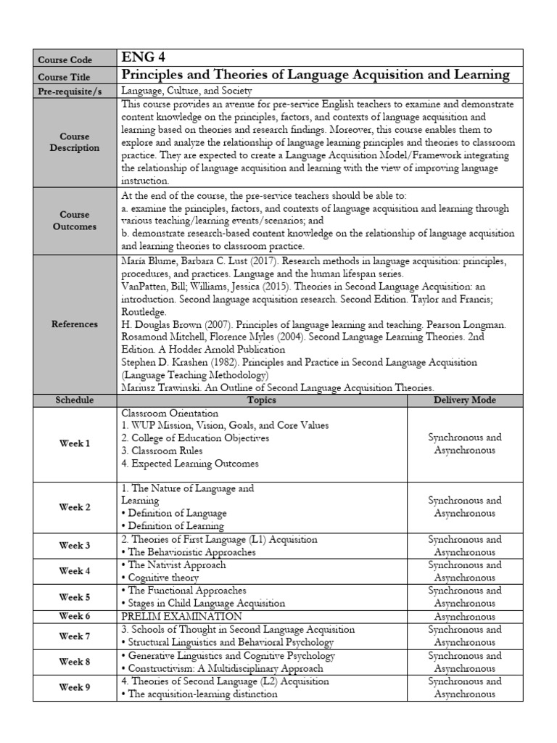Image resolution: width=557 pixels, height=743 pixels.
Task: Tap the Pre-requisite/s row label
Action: click(75, 91)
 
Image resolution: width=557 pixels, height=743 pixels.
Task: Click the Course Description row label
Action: click(75, 142)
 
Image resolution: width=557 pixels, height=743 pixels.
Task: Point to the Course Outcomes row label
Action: click(75, 221)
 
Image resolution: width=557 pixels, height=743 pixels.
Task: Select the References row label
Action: click(75, 324)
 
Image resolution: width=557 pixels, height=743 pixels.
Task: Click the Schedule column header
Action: click(75, 400)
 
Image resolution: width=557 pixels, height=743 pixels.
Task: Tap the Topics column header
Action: click(261, 400)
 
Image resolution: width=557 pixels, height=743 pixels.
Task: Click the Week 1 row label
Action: click(75, 443)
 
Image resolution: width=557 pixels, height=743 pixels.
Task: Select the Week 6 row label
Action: click(75, 616)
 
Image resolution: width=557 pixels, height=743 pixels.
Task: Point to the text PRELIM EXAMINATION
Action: click(181, 616)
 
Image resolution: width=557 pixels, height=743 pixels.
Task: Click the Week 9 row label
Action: click(75, 687)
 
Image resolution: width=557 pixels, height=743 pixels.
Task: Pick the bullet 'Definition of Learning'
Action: click(173, 526)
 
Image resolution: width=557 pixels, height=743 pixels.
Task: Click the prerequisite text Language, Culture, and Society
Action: click(186, 91)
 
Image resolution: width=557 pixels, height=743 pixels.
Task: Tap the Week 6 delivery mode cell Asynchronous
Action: click(464, 616)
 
